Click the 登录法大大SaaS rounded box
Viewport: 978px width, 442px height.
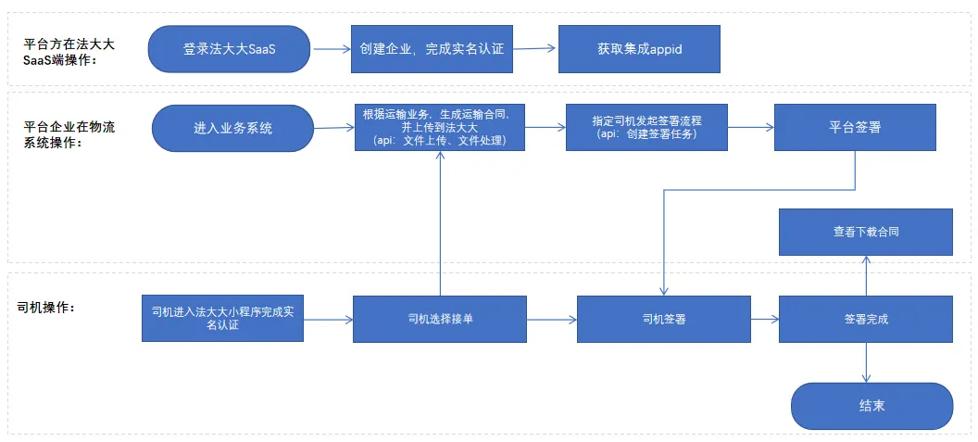click(230, 49)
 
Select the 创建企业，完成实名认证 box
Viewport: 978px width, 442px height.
click(432, 49)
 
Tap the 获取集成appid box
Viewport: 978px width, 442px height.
click(639, 49)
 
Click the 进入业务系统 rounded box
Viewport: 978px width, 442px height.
click(233, 128)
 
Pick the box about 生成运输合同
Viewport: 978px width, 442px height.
click(439, 127)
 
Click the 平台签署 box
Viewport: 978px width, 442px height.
click(854, 127)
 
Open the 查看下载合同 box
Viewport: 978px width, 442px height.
click(865, 232)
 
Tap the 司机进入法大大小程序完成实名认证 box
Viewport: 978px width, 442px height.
click(222, 318)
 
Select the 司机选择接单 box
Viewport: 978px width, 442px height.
click(440, 319)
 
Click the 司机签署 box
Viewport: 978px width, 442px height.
click(664, 319)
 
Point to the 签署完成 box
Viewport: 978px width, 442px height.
click(865, 319)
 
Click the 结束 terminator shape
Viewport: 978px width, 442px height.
click(871, 406)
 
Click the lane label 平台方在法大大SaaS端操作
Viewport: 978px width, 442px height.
click(70, 52)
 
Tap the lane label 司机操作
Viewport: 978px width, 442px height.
click(46, 306)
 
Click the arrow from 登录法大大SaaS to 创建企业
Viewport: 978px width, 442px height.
click(331, 50)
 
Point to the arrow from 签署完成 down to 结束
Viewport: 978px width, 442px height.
click(866, 362)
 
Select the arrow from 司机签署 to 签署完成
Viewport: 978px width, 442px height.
click(764, 319)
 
